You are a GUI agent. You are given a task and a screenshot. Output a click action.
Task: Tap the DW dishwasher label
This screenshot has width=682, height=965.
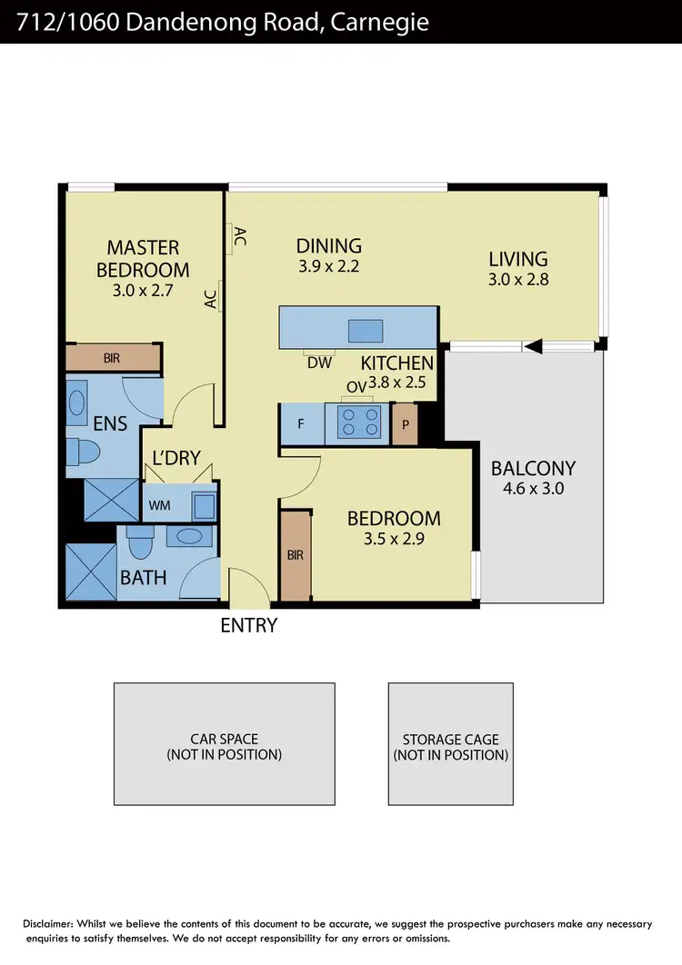[318, 363]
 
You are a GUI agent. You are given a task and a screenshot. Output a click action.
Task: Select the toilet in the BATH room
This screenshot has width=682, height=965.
[140, 544]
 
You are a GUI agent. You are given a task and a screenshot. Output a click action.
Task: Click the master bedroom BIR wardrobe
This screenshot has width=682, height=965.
[112, 357]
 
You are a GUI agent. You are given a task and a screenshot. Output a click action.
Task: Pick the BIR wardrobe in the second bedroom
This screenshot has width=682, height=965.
[295, 555]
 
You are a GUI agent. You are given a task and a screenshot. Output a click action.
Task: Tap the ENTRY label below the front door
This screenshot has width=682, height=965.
[248, 625]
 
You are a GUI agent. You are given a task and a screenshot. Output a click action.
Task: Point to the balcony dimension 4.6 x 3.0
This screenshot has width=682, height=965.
[533, 488]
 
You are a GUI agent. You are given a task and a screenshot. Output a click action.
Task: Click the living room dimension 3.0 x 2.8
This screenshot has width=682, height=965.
[517, 280]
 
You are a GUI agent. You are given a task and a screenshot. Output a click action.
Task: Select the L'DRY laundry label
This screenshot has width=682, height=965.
[176, 458]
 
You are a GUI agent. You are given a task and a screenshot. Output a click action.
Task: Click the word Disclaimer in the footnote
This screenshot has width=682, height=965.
[52, 923]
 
